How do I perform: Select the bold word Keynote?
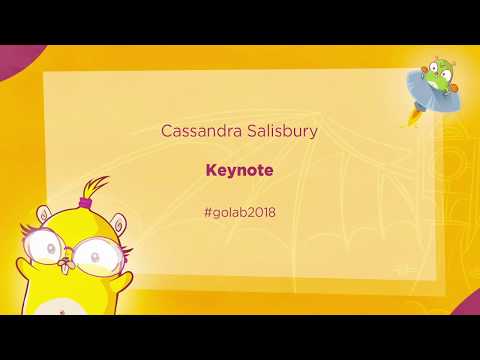[x=239, y=170]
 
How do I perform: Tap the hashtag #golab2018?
[x=239, y=211]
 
